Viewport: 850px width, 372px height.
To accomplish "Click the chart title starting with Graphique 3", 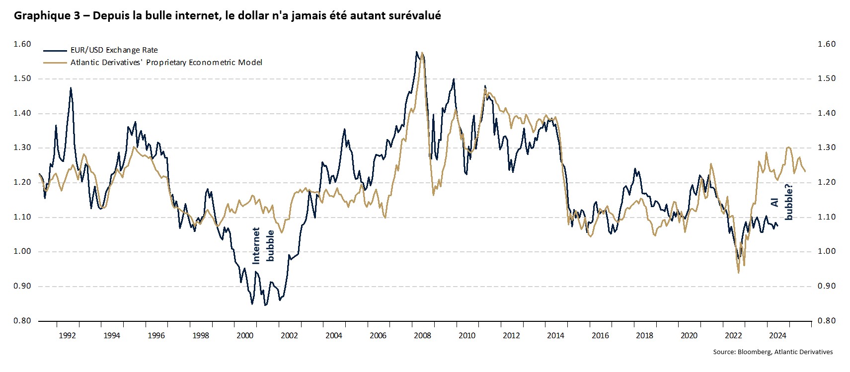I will click(227, 16).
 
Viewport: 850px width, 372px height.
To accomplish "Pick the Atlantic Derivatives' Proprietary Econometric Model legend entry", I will click(166, 63).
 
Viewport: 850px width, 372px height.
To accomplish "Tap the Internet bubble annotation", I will click(263, 245).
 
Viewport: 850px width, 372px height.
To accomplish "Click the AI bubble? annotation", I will click(781, 202).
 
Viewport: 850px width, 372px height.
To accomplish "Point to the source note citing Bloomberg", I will click(773, 352).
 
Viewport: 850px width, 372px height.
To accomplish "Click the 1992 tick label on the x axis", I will click(67, 335).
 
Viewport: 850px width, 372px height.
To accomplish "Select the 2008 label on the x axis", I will click(422, 335).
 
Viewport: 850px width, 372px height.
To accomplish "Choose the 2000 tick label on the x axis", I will click(245, 335).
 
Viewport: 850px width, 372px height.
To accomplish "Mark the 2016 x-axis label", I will click(600, 335).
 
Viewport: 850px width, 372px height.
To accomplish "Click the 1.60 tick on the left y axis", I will click(22, 44).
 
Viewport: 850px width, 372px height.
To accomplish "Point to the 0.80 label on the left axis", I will click(22, 321).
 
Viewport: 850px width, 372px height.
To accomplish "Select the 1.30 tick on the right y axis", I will click(827, 148).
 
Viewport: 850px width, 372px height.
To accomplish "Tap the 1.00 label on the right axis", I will click(827, 252).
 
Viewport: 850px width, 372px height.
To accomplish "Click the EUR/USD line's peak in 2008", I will click(416, 52).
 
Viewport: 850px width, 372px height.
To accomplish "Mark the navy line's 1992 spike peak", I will click(71, 88).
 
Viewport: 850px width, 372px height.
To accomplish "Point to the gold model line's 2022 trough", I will click(739, 272).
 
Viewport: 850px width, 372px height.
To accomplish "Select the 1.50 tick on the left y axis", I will click(22, 79).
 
